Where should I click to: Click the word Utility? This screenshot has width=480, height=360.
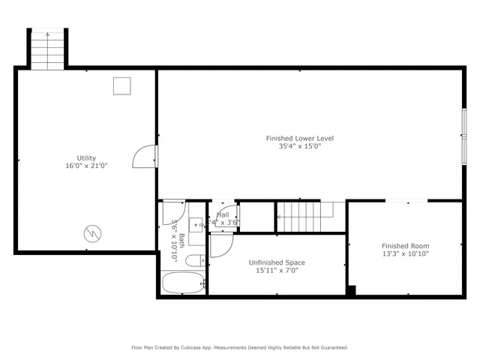86,158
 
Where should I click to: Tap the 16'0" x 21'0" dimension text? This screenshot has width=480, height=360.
86,166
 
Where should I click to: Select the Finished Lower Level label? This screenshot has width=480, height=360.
299,139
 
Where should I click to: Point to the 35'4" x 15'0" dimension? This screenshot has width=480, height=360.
299,146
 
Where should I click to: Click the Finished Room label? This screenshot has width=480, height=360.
405,246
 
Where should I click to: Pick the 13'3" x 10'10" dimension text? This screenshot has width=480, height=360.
405,253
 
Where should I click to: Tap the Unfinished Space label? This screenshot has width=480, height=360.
277,262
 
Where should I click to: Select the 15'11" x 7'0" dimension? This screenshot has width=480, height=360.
277,270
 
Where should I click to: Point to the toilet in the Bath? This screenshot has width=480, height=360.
194,261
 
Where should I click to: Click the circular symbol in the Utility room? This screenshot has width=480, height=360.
91,233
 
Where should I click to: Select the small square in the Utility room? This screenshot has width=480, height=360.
121,86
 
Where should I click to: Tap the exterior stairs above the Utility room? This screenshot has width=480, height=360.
48,49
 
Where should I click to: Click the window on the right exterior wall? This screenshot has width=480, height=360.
463,136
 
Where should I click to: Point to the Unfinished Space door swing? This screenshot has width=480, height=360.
220,245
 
